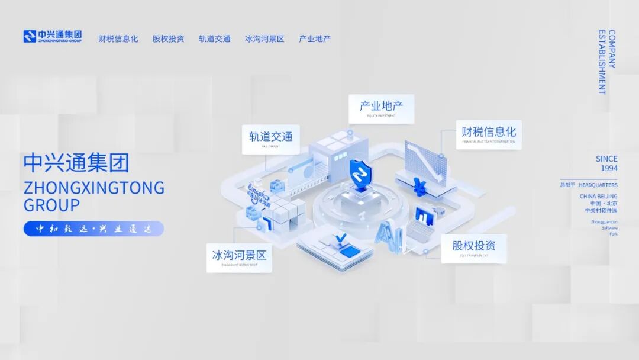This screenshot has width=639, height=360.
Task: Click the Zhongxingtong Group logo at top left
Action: point(52,37)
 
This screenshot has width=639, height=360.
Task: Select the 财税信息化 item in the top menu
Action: point(118,39)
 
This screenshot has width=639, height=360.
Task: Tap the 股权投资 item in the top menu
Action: point(168,39)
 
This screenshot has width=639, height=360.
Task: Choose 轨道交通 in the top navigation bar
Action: point(214,39)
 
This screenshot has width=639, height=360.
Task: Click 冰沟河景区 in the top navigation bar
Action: point(264,39)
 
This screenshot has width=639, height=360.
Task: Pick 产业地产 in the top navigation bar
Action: point(315,39)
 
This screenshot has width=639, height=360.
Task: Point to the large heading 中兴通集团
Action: point(76,163)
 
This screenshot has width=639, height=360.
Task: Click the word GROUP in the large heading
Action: point(51,205)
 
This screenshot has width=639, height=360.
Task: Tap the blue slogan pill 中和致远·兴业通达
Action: point(93,229)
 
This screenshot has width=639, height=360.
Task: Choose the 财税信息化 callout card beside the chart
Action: point(489,134)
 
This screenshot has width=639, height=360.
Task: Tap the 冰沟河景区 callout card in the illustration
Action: point(239,257)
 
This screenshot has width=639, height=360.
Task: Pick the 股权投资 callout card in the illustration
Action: point(474,247)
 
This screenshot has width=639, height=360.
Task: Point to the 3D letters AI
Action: point(389,233)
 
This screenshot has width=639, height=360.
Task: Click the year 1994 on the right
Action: point(609,168)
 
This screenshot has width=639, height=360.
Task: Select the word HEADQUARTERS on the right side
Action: point(598,185)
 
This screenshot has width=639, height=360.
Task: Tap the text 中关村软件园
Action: point(601,210)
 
